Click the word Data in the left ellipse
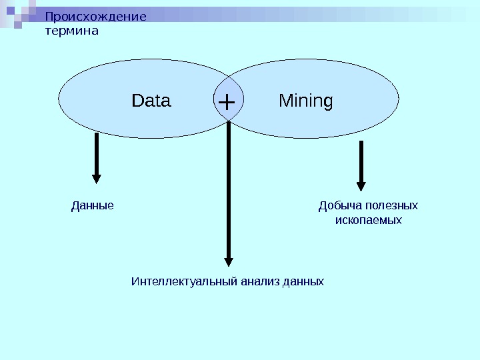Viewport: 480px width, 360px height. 151,101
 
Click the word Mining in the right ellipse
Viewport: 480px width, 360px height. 305,101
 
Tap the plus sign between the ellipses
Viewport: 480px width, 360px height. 227,103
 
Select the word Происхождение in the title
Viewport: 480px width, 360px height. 95,17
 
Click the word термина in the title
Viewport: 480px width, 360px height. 71,31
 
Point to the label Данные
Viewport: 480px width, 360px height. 93,205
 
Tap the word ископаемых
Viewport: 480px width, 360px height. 368,219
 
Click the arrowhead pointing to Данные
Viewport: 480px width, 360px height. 97,178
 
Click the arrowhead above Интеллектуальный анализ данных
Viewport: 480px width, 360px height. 229,261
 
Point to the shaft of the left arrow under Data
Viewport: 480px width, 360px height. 97,153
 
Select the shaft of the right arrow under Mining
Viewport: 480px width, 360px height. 361,160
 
